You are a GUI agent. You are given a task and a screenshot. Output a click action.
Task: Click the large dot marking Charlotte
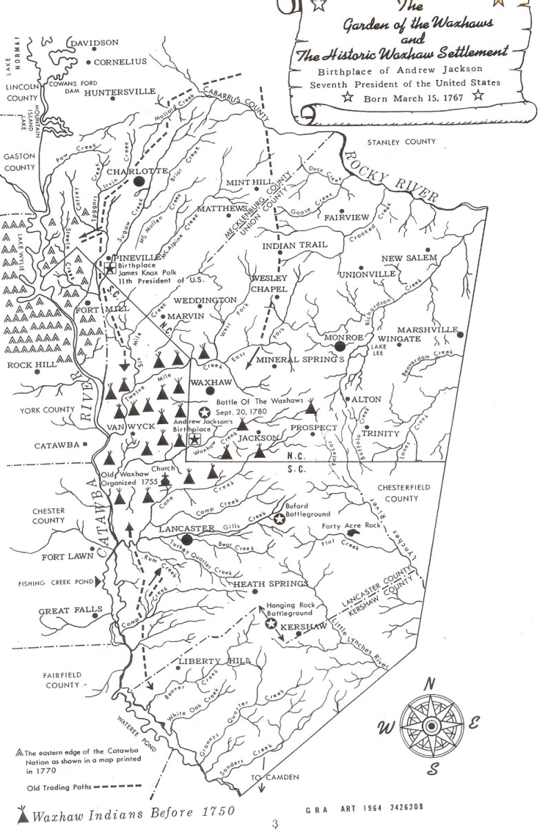click(x=139, y=181)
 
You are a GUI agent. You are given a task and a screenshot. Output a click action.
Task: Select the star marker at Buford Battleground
click(x=279, y=519)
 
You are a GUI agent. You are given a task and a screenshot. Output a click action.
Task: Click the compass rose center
click(x=430, y=726)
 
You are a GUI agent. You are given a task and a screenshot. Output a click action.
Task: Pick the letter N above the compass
click(x=428, y=683)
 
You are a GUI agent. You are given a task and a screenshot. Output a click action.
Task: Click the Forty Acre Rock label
click(x=351, y=526)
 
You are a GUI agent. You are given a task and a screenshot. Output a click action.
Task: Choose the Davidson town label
click(x=95, y=43)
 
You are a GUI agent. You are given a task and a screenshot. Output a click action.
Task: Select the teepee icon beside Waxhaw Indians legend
click(x=23, y=814)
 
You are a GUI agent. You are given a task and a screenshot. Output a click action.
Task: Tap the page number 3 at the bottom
click(x=274, y=825)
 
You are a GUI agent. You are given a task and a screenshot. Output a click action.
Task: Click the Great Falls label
click(x=61, y=610)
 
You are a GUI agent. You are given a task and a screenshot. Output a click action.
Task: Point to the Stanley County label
click(x=401, y=142)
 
